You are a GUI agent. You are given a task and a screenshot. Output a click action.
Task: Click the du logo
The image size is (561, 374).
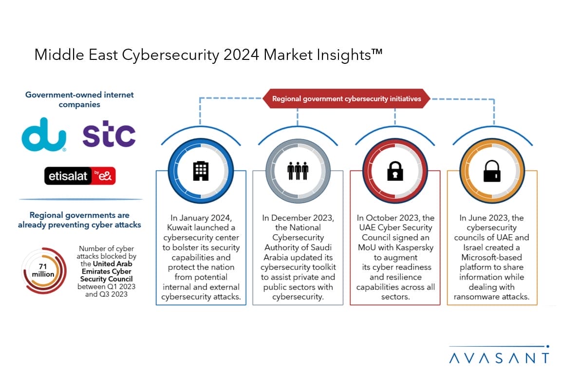pyautogui.click(x=44, y=134)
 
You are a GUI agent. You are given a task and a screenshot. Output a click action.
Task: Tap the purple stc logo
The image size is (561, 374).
pyautogui.click(x=109, y=134)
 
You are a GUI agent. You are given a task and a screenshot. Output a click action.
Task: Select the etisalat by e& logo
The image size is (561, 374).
pyautogui.click(x=80, y=176)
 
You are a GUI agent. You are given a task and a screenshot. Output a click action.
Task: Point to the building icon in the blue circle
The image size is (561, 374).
pyautogui.click(x=201, y=171)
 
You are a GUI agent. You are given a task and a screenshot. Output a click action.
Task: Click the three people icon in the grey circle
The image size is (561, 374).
pyautogui.click(x=298, y=171)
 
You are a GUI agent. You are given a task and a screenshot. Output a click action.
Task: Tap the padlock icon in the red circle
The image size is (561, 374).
pyautogui.click(x=395, y=171)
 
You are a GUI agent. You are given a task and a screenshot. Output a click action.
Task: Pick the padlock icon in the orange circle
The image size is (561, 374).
pyautogui.click(x=492, y=171)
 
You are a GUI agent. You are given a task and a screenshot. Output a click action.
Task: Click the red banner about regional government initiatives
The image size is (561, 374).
pyautogui.click(x=346, y=98)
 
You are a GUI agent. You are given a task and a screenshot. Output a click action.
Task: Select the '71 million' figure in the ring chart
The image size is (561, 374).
pyautogui.click(x=43, y=271)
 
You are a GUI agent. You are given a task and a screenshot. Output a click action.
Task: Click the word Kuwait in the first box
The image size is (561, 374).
pyautogui.click(x=179, y=227)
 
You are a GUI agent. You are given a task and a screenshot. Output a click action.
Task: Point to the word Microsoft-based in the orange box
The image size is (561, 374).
pyautogui.click(x=491, y=257)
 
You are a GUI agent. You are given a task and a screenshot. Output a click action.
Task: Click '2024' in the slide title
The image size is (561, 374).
pyautogui.click(x=241, y=55)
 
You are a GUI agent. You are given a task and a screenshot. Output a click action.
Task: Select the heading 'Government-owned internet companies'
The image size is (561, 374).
pyautogui.click(x=79, y=99)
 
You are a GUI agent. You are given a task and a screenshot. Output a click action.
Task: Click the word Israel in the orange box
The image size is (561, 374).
pyautogui.click(x=474, y=248)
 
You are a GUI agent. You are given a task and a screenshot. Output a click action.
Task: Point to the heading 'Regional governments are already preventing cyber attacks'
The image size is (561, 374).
pyautogui.click(x=79, y=220)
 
